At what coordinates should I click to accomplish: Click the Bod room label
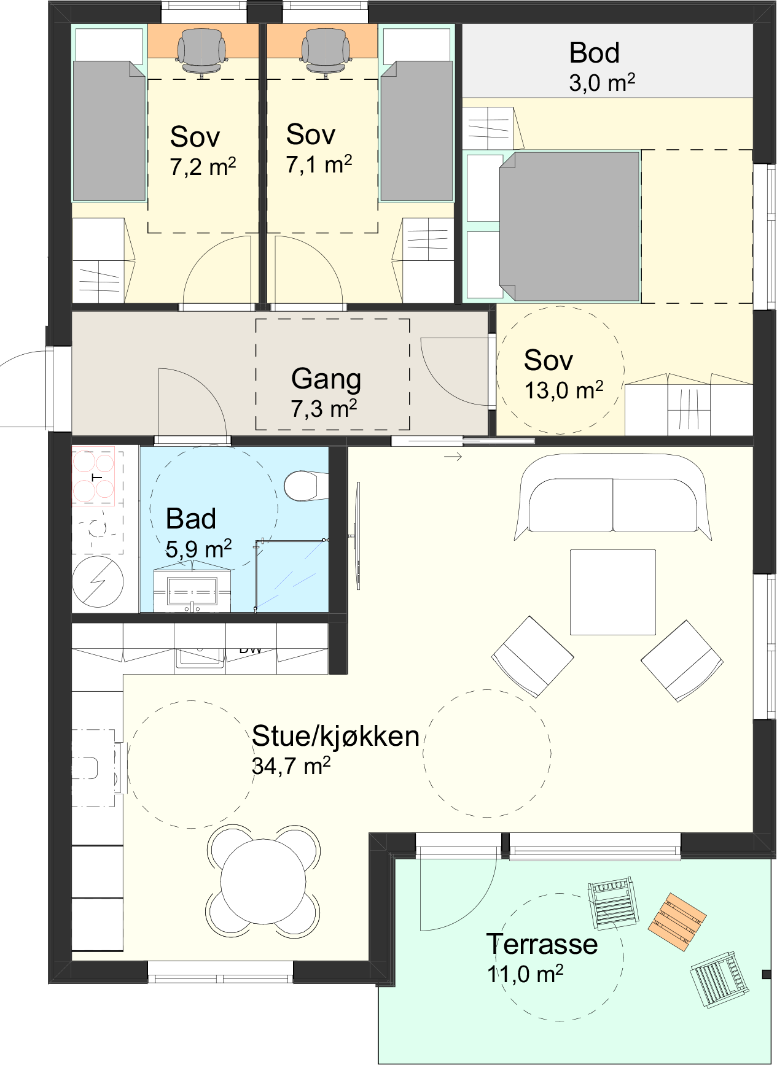click(x=594, y=53)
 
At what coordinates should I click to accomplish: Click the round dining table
click(x=263, y=880)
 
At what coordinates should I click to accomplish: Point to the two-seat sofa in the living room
click(x=612, y=497)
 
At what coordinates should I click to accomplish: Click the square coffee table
click(x=612, y=592)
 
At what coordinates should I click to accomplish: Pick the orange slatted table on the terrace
click(x=677, y=922)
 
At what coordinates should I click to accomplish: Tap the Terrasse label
click(x=542, y=944)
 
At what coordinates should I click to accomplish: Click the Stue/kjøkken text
click(x=335, y=736)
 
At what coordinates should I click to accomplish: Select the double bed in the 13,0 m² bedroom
click(x=569, y=227)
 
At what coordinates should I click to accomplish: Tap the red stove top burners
click(x=93, y=476)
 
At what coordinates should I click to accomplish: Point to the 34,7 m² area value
click(x=291, y=766)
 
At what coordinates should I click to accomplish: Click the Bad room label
click(x=191, y=519)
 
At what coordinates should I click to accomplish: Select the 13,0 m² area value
click(x=564, y=390)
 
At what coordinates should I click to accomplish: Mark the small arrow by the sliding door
click(x=453, y=457)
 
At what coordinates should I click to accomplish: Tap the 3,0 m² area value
click(x=602, y=83)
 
